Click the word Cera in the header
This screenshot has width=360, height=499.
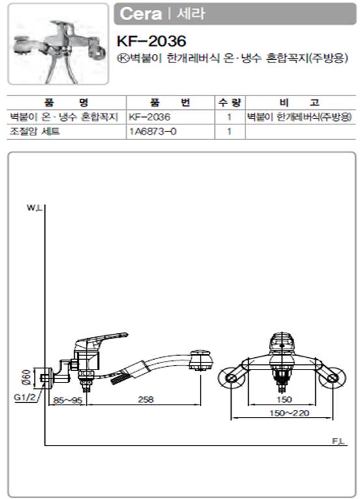(x=141, y=14)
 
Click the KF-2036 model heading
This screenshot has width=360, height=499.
(x=152, y=41)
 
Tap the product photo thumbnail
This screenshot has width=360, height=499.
(x=58, y=44)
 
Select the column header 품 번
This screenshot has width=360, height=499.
(x=170, y=103)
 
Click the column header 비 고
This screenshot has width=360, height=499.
(x=299, y=103)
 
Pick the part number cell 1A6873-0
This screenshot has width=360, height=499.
(x=152, y=131)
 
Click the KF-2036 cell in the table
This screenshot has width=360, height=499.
(x=149, y=117)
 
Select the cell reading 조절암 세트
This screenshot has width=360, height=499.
(x=35, y=131)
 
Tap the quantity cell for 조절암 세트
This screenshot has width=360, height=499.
(x=229, y=131)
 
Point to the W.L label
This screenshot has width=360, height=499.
(x=34, y=208)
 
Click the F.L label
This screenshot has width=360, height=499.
(x=339, y=441)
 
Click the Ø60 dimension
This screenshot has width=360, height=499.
(x=27, y=377)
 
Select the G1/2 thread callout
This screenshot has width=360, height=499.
(x=25, y=398)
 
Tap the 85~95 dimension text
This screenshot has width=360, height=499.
(x=68, y=400)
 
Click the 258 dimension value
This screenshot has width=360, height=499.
(x=146, y=399)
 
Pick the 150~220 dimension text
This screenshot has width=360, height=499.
(x=289, y=413)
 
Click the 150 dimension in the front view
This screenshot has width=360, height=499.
(x=284, y=399)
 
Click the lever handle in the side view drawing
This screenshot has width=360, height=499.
(x=102, y=340)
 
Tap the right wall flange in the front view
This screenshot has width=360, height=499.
(x=332, y=378)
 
